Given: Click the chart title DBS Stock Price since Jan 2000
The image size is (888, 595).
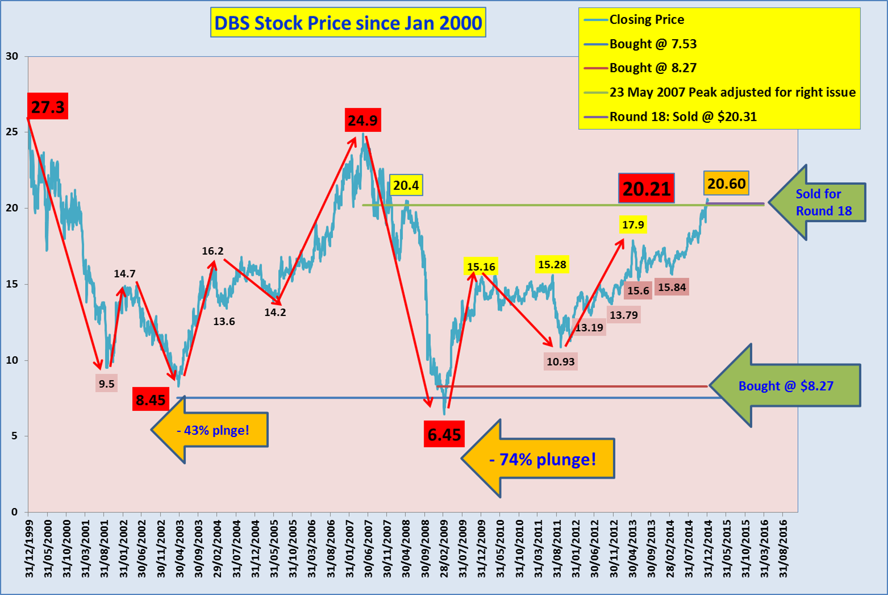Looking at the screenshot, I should [x=348, y=23].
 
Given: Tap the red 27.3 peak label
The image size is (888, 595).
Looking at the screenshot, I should [x=48, y=106].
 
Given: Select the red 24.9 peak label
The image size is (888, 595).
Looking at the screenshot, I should [x=363, y=120].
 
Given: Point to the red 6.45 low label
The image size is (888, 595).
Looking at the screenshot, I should [x=444, y=434].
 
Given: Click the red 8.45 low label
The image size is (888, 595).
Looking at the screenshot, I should [x=150, y=400].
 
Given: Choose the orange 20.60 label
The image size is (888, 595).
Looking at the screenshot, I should [x=726, y=184].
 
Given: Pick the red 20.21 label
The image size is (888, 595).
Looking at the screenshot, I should [x=647, y=188].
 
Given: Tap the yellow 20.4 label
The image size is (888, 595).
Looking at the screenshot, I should [x=406, y=185].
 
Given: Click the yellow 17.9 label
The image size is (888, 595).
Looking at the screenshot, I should [x=633, y=225].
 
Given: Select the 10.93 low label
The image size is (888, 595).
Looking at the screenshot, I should [x=560, y=361].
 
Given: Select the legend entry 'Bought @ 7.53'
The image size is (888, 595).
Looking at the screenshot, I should [x=652, y=44].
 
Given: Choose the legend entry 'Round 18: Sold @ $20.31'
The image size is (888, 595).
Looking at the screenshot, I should [x=682, y=116].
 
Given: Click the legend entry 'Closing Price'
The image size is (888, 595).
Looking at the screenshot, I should [x=646, y=19].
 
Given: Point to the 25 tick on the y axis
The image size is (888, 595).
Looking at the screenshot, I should [x=11, y=132].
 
